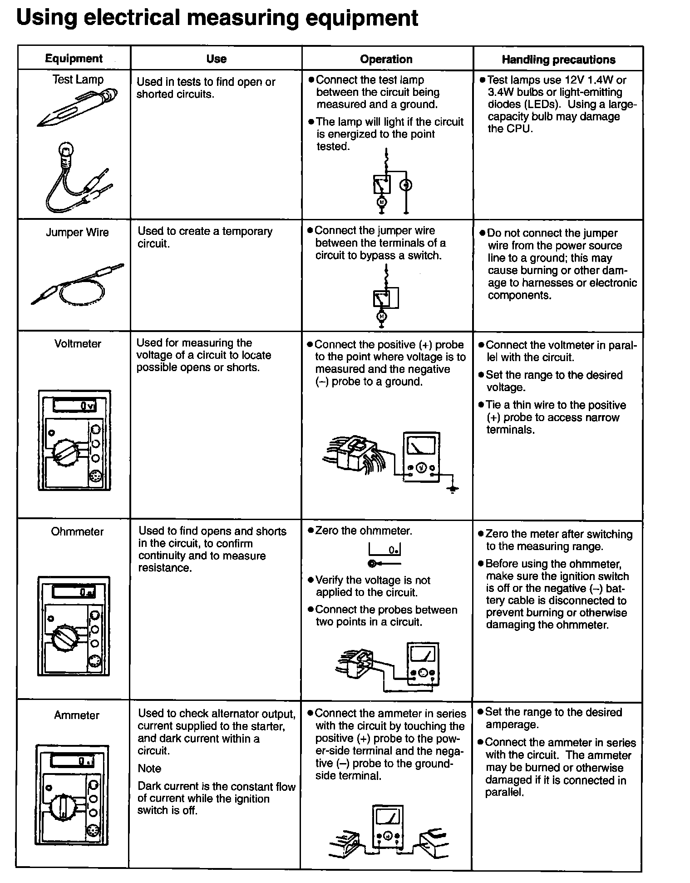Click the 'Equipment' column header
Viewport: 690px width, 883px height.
(x=74, y=58)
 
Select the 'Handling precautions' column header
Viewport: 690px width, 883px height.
(x=558, y=60)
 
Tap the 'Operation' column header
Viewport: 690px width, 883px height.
(x=386, y=59)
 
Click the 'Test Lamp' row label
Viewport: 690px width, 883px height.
(x=78, y=79)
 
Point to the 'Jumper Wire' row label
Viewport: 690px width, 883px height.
(x=77, y=233)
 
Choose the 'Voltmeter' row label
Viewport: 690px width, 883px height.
(x=78, y=344)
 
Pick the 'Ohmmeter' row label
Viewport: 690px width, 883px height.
(x=77, y=531)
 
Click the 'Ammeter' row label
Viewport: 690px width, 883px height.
(x=77, y=715)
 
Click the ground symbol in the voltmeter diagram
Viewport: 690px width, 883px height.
(x=452, y=489)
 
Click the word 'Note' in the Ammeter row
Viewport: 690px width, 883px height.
(x=149, y=769)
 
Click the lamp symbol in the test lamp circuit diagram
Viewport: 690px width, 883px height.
(x=406, y=185)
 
